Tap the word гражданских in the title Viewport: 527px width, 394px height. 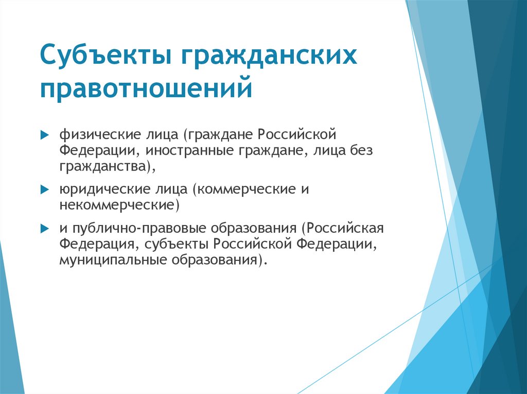(x=268, y=55)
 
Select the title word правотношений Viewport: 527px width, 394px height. (x=147, y=88)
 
